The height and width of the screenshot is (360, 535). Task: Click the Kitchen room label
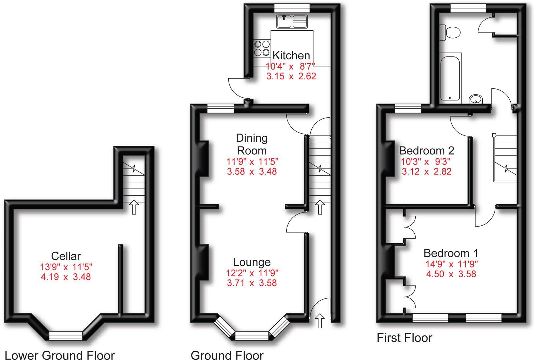click(291, 55)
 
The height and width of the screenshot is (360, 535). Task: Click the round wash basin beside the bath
click(476, 99)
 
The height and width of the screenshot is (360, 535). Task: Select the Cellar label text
click(66, 256)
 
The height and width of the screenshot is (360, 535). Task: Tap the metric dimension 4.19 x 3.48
click(66, 277)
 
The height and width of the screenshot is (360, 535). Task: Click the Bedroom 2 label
click(426, 151)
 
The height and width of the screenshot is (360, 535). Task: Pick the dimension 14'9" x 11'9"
click(451, 264)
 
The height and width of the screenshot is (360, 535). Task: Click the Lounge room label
click(252, 262)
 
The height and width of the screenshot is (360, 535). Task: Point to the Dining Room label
click(252, 144)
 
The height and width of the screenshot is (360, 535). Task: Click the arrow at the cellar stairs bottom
click(134, 207)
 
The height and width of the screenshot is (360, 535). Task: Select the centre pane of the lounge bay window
click(252, 336)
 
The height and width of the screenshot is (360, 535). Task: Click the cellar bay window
click(66, 335)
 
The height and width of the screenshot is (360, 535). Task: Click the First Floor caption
click(404, 338)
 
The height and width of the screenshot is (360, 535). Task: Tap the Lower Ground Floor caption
click(60, 355)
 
